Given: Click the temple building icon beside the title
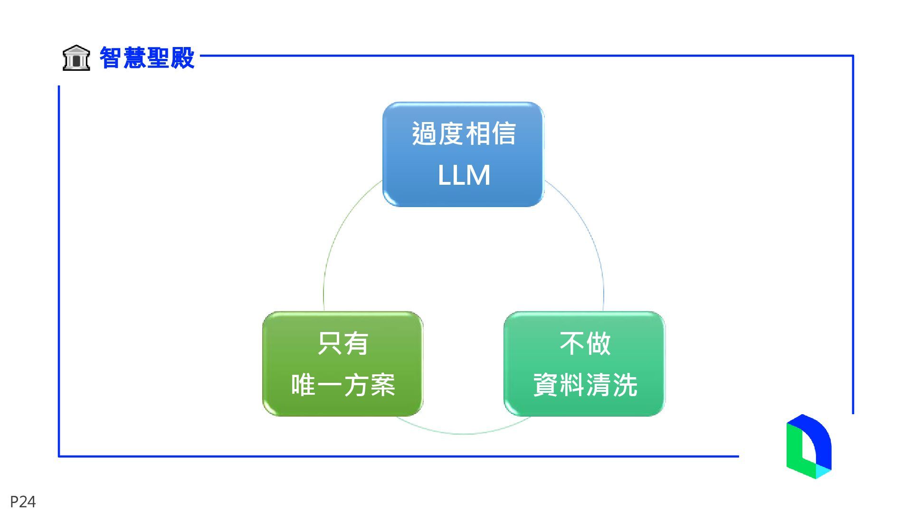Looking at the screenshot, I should point(76,58).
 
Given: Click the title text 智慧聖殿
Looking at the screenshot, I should point(147,58).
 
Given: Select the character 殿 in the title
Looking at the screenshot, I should point(183,58).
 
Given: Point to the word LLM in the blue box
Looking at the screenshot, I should point(464,175).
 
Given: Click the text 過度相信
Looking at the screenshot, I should point(464,133).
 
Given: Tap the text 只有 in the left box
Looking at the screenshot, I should point(342,343).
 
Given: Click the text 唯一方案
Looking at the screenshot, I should point(342,385).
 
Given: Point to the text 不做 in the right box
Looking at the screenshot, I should point(585,343).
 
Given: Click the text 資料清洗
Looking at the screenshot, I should point(585,385).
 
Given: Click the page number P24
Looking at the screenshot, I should point(23,502).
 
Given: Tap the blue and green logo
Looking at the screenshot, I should point(808,446).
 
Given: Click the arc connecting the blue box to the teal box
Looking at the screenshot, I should point(589,233).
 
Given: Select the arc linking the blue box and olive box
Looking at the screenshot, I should point(338,233).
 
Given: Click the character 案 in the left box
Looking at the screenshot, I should point(383,385).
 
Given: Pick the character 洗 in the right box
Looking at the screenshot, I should point(625,385).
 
